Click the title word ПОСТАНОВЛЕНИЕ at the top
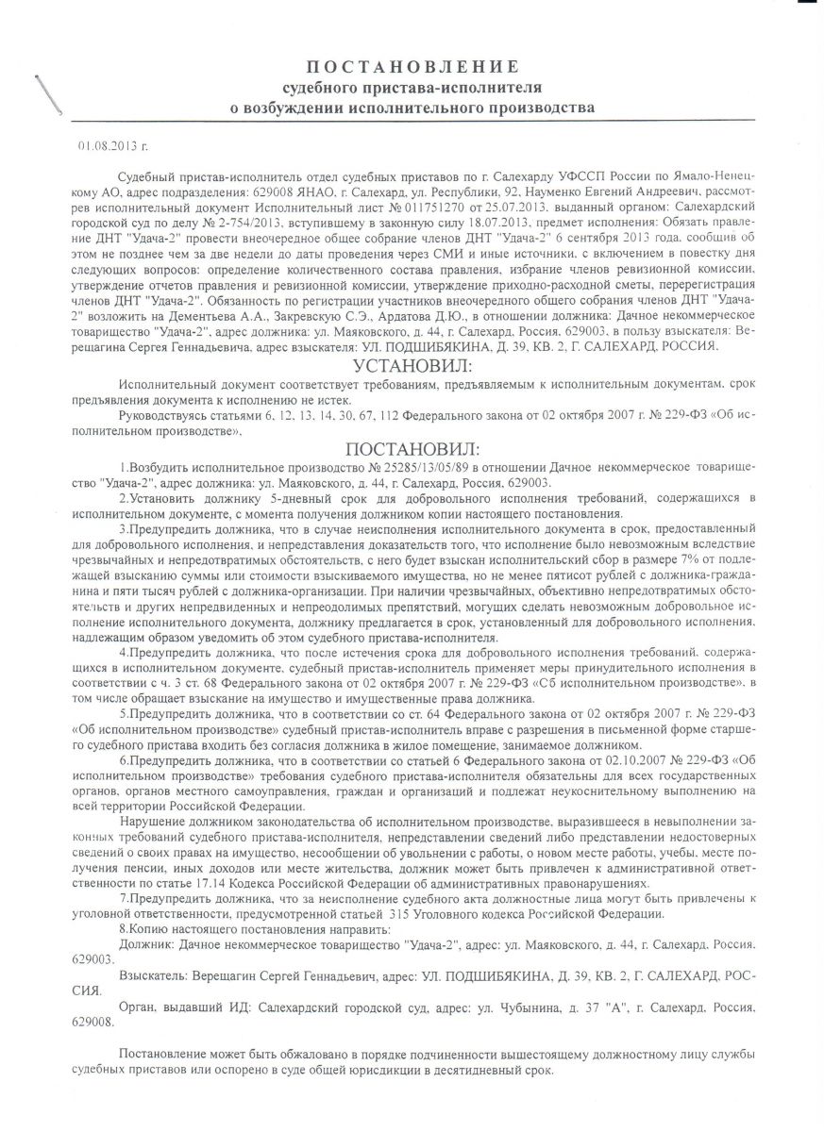tap(412, 66)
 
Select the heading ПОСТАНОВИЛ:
tap(412, 448)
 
